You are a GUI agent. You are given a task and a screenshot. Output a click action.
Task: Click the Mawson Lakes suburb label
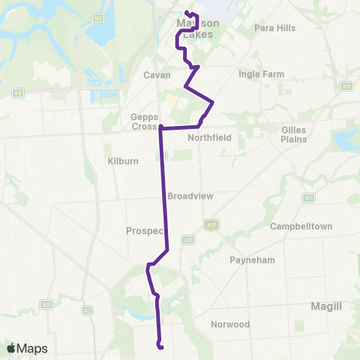click(x=194, y=28)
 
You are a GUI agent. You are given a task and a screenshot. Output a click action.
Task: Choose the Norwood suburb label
click(x=230, y=325)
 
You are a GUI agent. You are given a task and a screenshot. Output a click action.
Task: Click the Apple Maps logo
click(x=26, y=348)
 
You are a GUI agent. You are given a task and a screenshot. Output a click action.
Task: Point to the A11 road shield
click(x=308, y=198)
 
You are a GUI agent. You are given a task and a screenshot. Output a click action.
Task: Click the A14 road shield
click(x=46, y=304)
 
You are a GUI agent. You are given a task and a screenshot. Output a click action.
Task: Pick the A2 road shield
click(x=87, y=310)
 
